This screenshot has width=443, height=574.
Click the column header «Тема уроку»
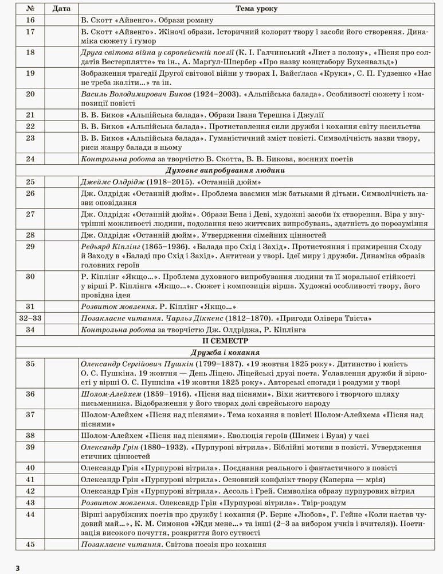(256, 9)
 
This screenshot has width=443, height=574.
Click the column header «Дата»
(61, 9)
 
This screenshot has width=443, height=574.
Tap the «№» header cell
(30, 9)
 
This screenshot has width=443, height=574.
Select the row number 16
(30, 20)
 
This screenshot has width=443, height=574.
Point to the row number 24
(30, 159)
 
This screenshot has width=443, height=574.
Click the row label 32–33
(30, 318)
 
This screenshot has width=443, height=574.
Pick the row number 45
(30, 544)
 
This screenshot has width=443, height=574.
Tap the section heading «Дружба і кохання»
(225, 352)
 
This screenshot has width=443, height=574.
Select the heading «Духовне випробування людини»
(225, 170)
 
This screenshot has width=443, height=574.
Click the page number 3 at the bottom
(18, 568)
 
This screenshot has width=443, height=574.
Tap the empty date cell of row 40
(61, 468)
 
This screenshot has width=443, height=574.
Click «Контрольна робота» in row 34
(117, 329)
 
